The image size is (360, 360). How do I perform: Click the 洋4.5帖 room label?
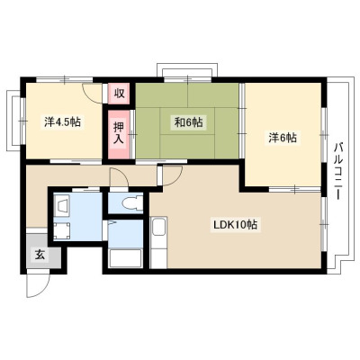[62, 121]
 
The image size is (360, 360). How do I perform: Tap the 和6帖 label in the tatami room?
[188, 122]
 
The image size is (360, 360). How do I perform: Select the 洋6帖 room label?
[283, 138]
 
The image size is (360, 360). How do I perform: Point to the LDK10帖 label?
[235, 224]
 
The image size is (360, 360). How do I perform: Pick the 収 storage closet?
[119, 94]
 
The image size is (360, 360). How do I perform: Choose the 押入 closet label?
[119, 134]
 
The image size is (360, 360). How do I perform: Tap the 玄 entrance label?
[40, 255]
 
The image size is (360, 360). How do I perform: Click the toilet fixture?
[132, 202]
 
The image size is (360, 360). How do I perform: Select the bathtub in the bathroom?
[125, 258]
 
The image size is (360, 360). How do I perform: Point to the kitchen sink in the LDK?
[158, 227]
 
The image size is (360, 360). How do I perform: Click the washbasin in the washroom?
[62, 204]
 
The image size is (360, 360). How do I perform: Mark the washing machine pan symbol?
[63, 231]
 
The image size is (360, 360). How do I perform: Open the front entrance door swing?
[37, 284]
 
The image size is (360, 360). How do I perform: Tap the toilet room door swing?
[119, 177]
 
